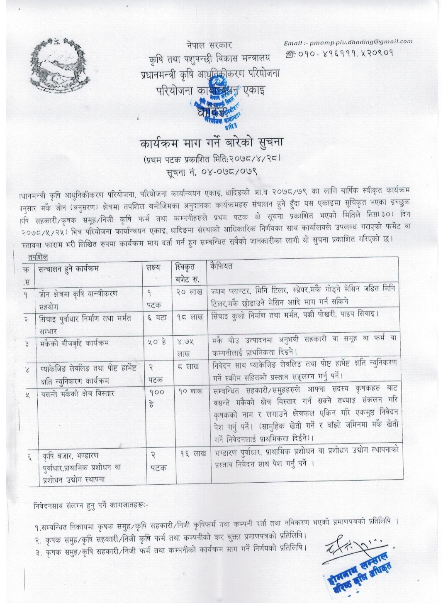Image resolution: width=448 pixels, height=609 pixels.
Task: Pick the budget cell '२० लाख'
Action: [189, 292]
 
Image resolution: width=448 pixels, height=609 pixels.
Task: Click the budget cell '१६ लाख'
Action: [193, 454]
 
